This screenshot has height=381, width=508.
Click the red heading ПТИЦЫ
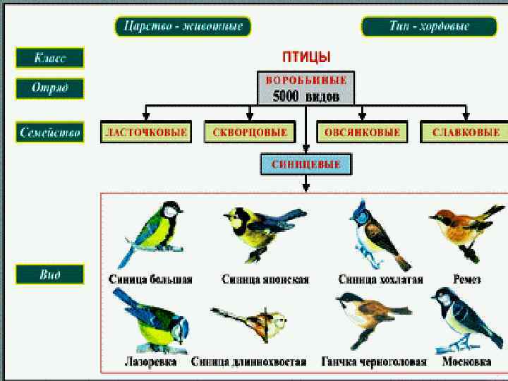(306, 56)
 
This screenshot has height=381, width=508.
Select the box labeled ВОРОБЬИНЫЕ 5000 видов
(306, 87)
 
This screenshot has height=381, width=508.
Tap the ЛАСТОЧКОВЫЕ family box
(145, 132)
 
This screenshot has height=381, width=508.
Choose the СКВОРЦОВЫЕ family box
(250, 132)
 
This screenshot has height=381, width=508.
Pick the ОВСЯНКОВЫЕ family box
(362, 132)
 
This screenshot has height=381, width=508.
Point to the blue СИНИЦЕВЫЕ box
(306, 165)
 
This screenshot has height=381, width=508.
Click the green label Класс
(50, 58)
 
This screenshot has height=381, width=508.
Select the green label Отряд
(50, 89)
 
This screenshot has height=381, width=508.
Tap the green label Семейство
(50, 132)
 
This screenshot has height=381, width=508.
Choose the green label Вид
(50, 274)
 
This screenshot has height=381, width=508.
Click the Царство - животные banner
(183, 27)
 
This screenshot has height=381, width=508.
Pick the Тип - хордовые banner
(429, 27)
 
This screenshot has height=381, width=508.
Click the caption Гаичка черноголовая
(373, 362)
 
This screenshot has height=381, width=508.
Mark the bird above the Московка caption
(460, 317)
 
